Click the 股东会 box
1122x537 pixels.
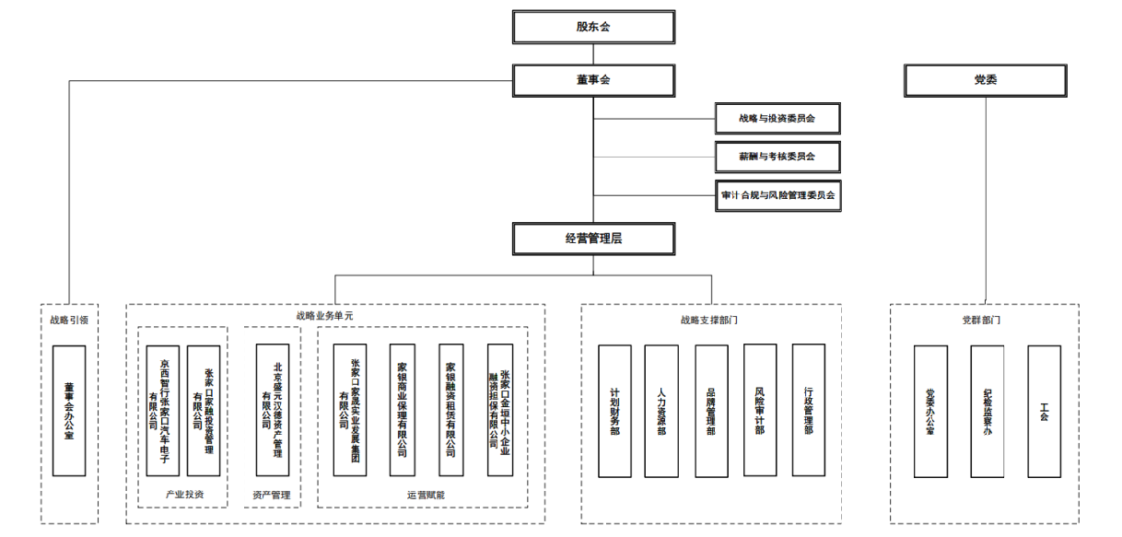593,27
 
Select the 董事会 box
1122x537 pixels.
593,80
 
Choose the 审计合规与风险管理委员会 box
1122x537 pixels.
780,195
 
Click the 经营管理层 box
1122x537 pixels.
593,238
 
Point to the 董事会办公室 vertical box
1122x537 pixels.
69,410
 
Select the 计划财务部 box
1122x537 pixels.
614,411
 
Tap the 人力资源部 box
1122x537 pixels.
661,411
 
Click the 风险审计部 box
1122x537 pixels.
760,411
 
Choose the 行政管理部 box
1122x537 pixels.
808,411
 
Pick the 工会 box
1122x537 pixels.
1044,411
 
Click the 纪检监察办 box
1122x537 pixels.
987,411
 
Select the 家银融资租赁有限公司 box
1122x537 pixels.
450,410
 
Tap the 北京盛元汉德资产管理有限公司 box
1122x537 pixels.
273,410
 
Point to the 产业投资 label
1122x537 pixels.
184,495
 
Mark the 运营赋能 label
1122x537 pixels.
425,495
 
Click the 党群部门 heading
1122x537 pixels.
981,321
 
